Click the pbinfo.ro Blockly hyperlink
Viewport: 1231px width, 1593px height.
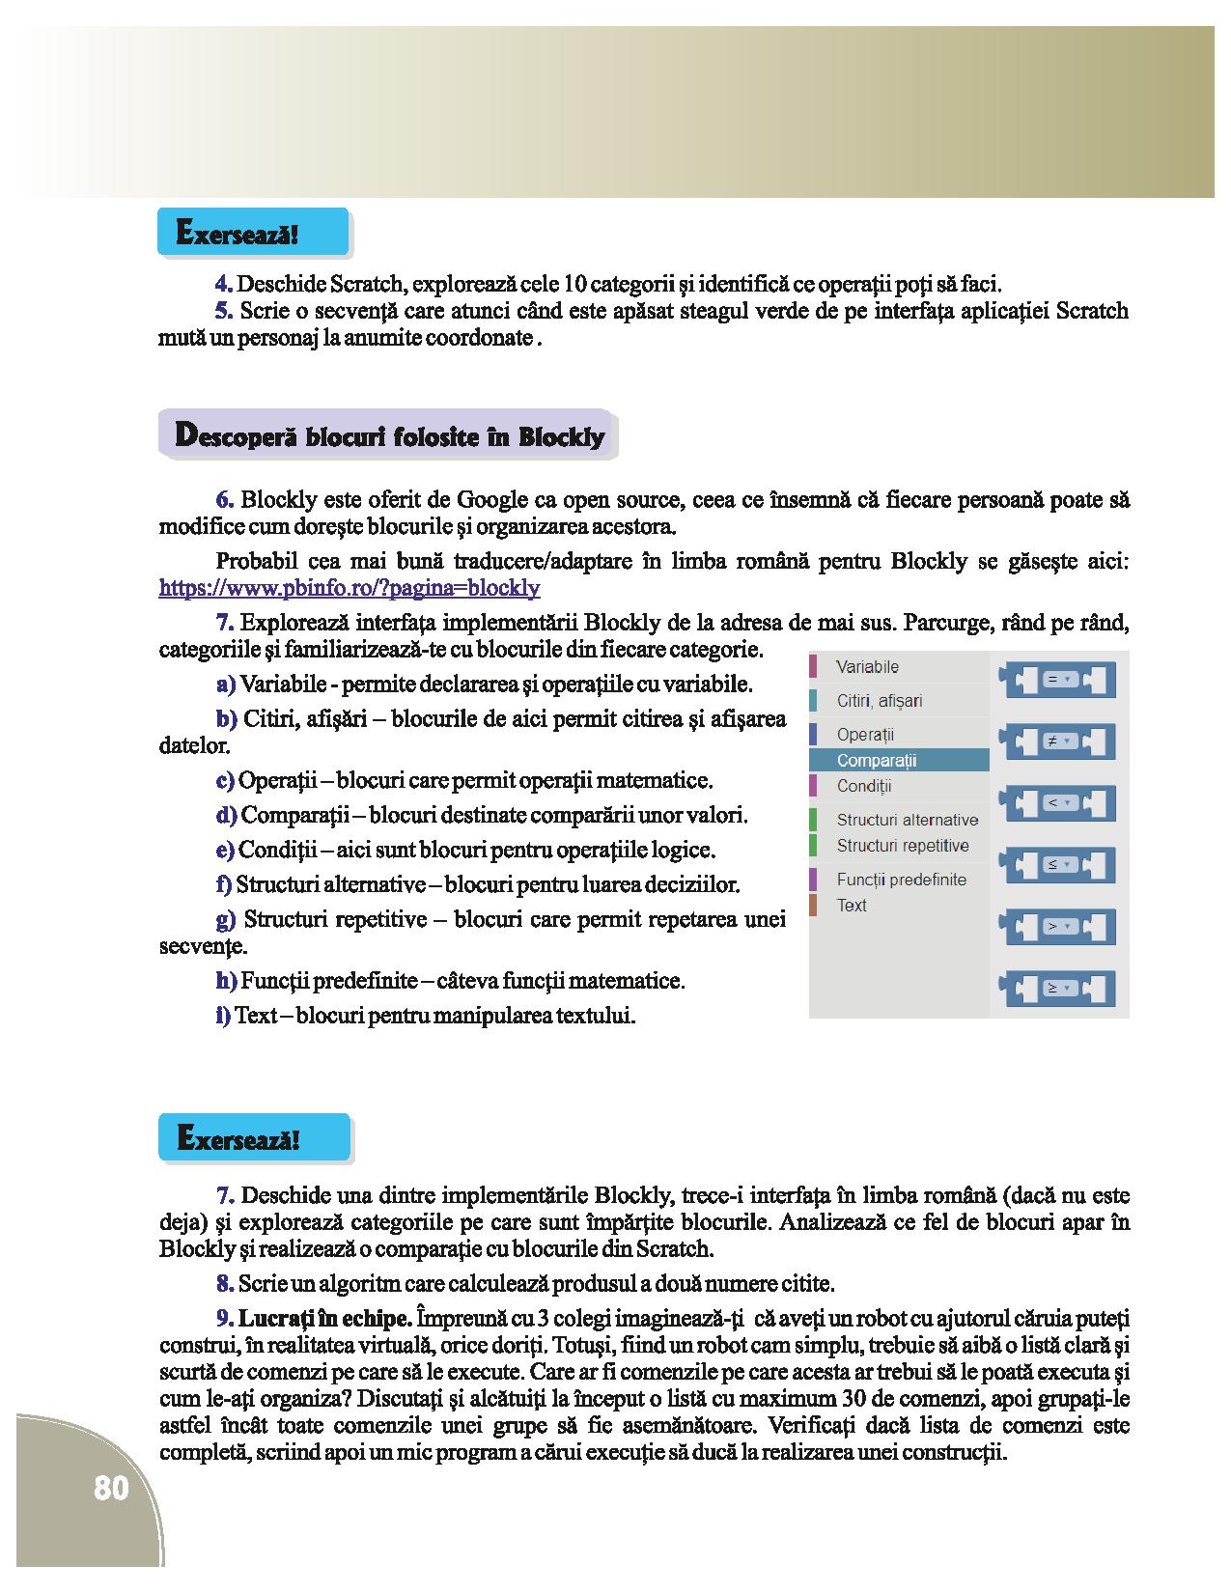349,588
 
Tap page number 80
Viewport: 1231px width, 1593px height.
111,1488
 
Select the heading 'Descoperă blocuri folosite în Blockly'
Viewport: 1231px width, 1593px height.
388,435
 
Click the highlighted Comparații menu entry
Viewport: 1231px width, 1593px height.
877,761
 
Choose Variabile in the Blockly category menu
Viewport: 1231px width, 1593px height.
867,667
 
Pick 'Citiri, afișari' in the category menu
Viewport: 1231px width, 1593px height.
880,701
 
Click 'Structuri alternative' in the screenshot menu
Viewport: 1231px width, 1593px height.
907,820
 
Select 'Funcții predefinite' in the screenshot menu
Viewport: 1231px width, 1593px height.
901,880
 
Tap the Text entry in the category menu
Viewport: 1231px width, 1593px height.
852,906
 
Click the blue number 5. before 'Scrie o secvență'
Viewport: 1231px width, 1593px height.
224,311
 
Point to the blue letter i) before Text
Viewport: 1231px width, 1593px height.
223,1016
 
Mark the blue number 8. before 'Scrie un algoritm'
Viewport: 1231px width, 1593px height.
225,1283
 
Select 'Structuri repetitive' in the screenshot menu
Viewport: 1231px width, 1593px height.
903,846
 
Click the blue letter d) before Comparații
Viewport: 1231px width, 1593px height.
226,815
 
